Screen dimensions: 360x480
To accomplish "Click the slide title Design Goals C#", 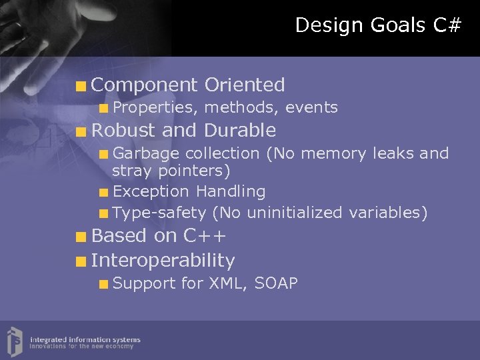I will click(378, 25).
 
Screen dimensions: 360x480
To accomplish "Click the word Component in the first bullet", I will click(145, 85).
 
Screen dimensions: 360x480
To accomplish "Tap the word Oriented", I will click(245, 85).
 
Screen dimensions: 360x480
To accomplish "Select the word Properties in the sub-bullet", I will click(155, 107).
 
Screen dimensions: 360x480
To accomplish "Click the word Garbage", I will click(146, 153).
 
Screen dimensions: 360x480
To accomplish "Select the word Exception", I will click(151, 192).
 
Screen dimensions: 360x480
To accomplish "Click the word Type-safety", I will click(159, 213).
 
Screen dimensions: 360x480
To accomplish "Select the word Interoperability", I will click(163, 260).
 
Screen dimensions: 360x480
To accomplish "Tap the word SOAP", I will click(276, 283).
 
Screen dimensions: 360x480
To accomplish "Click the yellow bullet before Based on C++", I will click(81, 237).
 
